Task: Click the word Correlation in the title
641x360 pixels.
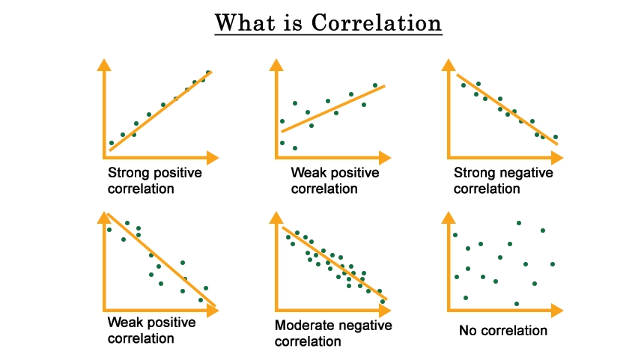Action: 377,22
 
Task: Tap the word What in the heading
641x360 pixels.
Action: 245,22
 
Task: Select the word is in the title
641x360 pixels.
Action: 293,23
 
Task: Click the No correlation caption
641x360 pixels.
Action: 502,330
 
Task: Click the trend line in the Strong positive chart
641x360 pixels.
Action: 161,112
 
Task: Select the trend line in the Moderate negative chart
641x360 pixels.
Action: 335,263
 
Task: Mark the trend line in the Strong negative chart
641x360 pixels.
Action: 507,109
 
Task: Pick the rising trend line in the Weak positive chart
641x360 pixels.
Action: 333,109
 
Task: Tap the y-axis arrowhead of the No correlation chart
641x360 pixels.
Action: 449,218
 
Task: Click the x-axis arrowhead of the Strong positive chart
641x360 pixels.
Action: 213,157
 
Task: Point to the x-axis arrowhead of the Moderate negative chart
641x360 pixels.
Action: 385,310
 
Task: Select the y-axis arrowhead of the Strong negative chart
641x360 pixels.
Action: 449,65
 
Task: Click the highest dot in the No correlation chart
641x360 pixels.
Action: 519,223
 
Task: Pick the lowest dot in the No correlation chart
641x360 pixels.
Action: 516,304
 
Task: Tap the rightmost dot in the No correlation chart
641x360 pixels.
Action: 553,264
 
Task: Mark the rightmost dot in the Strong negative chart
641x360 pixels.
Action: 556,137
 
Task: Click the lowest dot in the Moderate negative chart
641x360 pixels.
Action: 383,302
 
